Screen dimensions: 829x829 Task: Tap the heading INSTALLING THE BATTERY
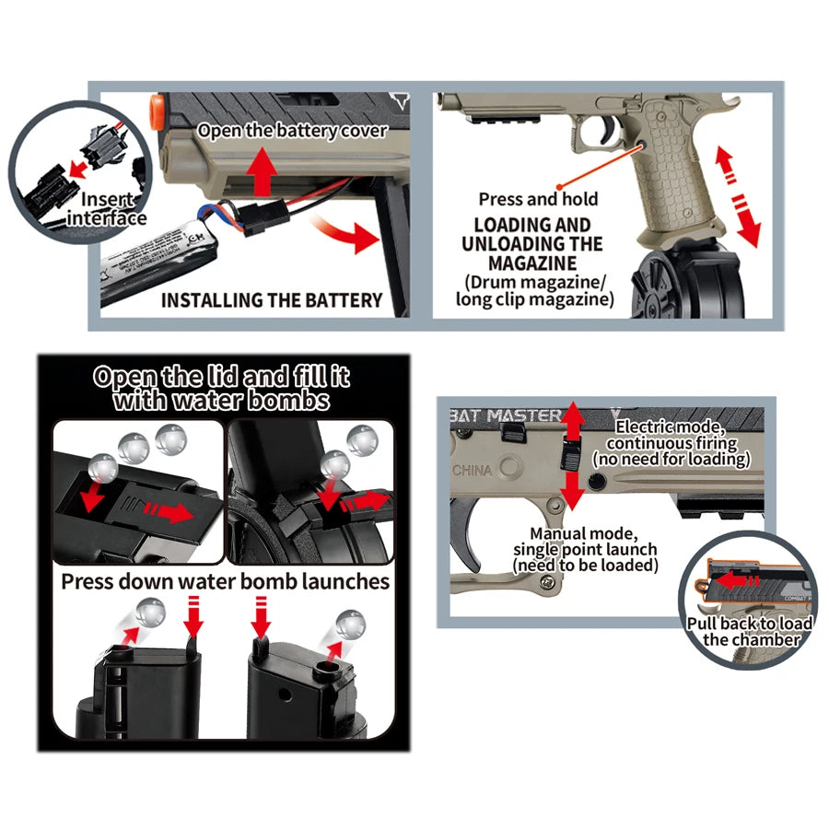272,300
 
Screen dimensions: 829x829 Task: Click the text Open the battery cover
292,131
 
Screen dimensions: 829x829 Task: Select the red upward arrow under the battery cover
263,171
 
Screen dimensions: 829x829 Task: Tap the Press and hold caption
538,199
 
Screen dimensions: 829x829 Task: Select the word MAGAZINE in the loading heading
531,263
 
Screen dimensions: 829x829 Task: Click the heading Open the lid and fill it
221,377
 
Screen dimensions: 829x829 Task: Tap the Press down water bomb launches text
226,581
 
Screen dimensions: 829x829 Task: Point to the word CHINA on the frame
472,470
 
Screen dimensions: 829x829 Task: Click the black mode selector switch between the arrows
570,454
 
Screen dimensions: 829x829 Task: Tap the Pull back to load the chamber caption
751,631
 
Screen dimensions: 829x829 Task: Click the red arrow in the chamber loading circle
737,579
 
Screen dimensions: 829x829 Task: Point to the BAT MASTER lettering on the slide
506,416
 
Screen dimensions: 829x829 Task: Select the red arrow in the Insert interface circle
78,169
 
